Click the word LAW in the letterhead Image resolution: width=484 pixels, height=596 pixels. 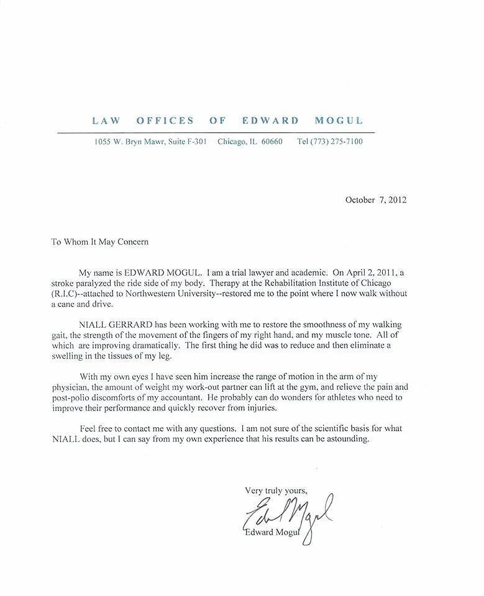pyautogui.click(x=106, y=120)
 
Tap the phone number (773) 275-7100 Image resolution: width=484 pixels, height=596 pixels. pyautogui.click(x=340, y=142)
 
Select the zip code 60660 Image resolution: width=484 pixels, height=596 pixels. pyautogui.click(x=272, y=142)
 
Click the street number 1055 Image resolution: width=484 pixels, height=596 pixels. pyautogui.click(x=103, y=142)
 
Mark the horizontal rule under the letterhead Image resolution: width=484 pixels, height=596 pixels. pyautogui.click(x=216, y=132)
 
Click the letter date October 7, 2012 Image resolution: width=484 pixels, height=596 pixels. pyautogui.click(x=376, y=200)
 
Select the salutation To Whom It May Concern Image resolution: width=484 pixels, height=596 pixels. pyautogui.click(x=100, y=242)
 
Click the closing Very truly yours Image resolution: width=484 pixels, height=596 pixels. pyautogui.click(x=276, y=490)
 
